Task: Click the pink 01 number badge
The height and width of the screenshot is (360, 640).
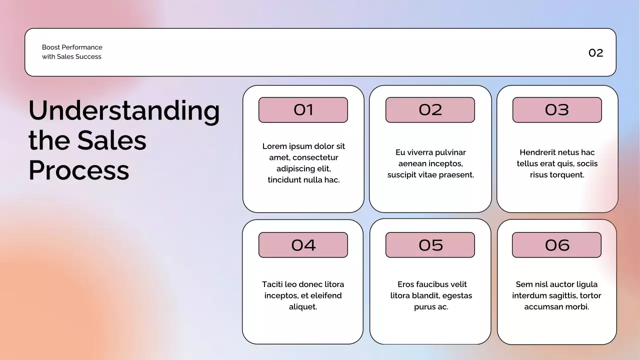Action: pyautogui.click(x=303, y=110)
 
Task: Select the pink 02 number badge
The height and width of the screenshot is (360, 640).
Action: pyautogui.click(x=430, y=110)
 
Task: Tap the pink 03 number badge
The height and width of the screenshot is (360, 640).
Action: pyautogui.click(x=557, y=110)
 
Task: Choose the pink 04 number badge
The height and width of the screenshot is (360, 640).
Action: pyautogui.click(x=303, y=245)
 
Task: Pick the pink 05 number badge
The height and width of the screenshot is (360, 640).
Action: pyautogui.click(x=430, y=245)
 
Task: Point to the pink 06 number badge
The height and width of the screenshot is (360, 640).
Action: pyautogui.click(x=556, y=245)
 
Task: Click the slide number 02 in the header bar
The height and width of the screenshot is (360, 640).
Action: pyautogui.click(x=595, y=53)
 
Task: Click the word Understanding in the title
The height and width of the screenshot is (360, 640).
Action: pyautogui.click(x=124, y=111)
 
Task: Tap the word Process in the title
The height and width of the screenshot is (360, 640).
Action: pyautogui.click(x=79, y=170)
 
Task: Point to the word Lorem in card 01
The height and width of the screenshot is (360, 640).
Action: pyautogui.click(x=274, y=146)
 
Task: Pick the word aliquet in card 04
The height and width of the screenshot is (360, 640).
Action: pyautogui.click(x=303, y=307)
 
